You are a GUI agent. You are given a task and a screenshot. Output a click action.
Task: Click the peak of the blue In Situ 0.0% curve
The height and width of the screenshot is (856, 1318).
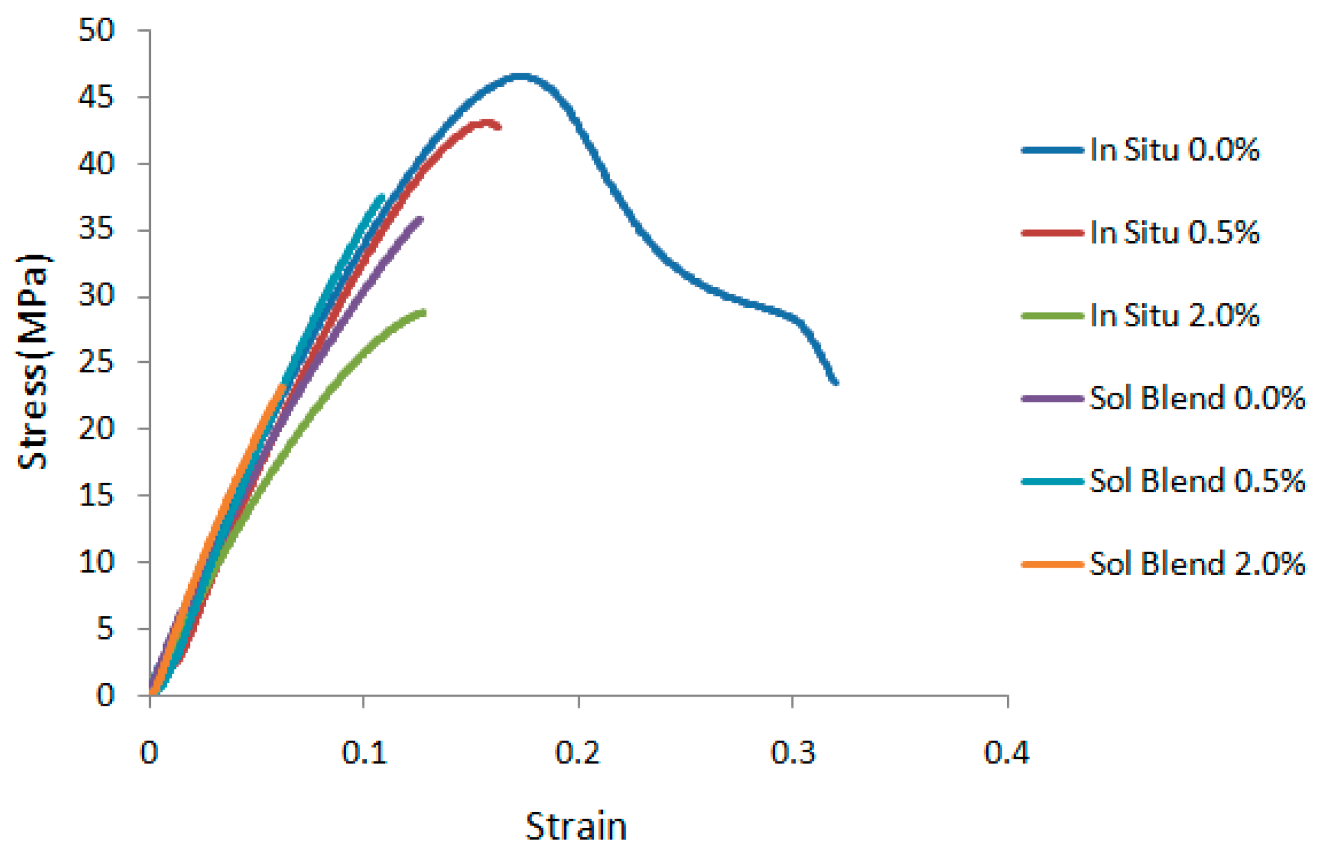point(521,76)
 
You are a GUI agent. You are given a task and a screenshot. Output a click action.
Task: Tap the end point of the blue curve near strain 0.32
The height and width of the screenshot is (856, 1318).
point(836,382)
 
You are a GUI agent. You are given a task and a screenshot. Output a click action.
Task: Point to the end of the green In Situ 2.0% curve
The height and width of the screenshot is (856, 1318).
point(424,312)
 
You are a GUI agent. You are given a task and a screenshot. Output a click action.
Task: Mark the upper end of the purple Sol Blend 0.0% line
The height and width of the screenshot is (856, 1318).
point(421,219)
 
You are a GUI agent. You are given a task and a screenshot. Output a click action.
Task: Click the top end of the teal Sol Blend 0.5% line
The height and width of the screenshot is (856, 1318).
point(382,196)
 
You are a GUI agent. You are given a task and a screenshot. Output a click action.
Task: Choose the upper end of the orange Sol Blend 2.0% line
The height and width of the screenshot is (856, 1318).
point(283,386)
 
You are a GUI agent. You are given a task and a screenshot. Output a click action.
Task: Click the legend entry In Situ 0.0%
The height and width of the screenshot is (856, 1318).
point(1173,150)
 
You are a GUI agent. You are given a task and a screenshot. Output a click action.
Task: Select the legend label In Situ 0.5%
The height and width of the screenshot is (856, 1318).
point(1173,233)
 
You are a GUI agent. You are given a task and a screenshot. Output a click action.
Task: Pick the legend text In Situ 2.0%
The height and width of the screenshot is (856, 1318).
point(1173,316)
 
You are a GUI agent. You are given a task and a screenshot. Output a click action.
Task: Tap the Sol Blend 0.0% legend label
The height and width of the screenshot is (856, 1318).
point(1196,398)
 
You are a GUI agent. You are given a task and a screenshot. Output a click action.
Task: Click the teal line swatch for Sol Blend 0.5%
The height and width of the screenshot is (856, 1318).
point(1052,481)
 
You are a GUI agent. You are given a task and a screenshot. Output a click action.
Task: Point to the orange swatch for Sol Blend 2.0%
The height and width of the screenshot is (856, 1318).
point(1052,564)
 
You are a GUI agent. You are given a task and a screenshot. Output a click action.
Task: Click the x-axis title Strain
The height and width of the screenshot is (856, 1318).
point(576,826)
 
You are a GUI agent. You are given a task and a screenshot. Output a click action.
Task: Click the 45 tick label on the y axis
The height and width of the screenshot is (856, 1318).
point(96,98)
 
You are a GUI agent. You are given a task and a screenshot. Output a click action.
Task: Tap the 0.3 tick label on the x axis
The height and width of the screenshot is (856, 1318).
point(792,753)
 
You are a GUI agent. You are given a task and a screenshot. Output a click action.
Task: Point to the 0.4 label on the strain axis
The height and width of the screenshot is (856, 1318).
point(1006,753)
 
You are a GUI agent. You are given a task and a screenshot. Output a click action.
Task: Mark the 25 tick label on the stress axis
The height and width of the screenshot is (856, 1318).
point(96,363)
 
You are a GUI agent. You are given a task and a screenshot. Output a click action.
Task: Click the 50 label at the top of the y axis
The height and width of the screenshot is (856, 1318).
point(96,30)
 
